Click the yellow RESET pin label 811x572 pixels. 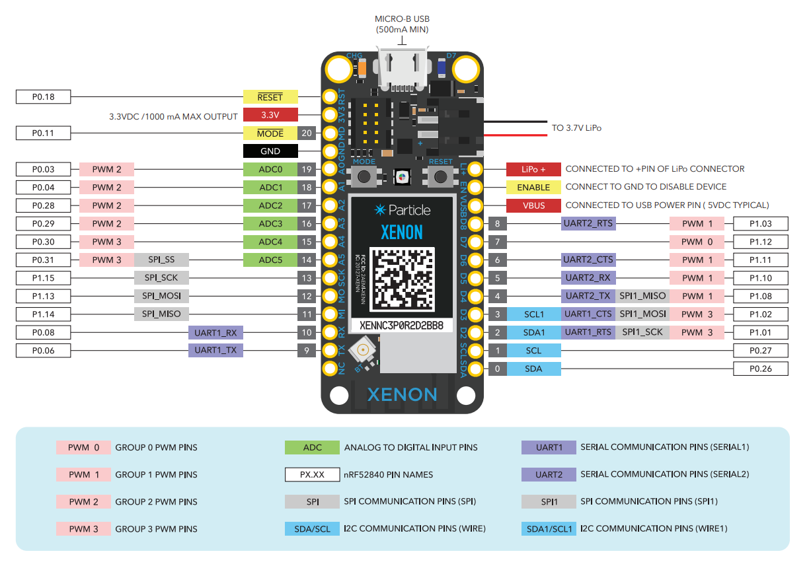(x=270, y=97)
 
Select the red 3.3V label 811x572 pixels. (x=270, y=115)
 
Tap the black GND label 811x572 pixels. (x=270, y=151)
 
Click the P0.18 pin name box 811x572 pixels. (x=43, y=97)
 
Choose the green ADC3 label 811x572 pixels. (x=270, y=223)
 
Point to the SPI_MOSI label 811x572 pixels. (x=161, y=295)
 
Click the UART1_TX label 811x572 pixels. (x=215, y=350)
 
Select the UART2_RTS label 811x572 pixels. (x=588, y=223)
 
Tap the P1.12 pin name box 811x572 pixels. (x=760, y=242)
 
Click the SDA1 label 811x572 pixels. (x=533, y=332)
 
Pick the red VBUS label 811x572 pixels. (x=533, y=205)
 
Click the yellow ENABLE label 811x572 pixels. (x=533, y=187)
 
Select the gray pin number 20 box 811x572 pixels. (x=306, y=133)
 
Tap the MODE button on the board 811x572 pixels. (x=364, y=175)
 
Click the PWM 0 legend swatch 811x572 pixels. (x=83, y=447)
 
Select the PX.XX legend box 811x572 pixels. (x=312, y=474)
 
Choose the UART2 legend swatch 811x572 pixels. (x=549, y=474)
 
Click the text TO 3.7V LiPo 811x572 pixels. (x=576, y=127)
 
